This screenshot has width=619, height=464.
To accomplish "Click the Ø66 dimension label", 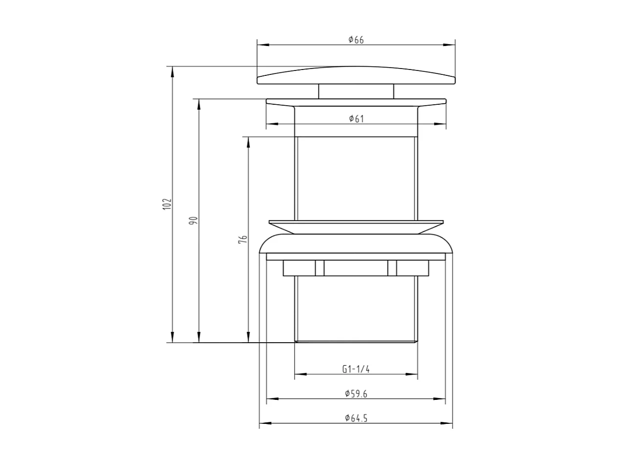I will [x=356, y=40].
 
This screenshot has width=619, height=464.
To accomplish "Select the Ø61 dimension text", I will [x=356, y=119].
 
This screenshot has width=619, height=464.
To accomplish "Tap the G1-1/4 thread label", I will [x=356, y=370].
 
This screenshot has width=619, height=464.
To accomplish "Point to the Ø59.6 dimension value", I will [x=356, y=394].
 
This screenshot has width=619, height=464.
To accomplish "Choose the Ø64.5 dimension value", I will [x=356, y=418].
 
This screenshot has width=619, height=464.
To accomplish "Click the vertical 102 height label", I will [x=167, y=204].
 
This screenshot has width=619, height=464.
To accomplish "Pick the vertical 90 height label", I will [x=193, y=220].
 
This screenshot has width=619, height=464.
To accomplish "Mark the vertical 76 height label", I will [x=243, y=239].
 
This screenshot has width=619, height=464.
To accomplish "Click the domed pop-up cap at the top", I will [x=356, y=76].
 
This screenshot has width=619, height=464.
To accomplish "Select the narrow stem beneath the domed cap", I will [x=356, y=92].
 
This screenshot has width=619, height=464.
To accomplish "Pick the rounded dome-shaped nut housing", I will [x=356, y=243].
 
